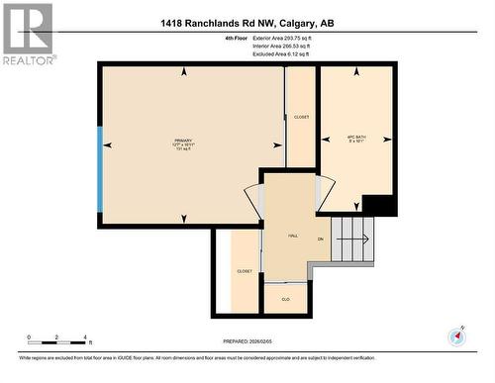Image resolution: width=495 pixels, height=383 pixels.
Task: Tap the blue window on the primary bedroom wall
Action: [99, 169]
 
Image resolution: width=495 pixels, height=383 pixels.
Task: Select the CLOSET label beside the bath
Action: [301, 117]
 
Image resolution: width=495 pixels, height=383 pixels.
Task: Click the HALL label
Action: [293, 236]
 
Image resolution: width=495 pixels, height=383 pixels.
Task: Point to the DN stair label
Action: [320, 240]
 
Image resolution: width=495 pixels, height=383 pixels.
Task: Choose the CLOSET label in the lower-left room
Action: [244, 271]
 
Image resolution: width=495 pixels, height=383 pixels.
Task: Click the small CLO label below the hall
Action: [285, 297]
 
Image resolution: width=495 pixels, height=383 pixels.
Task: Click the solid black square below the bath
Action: [379, 205]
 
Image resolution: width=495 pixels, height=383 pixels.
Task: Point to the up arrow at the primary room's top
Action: [182, 72]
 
